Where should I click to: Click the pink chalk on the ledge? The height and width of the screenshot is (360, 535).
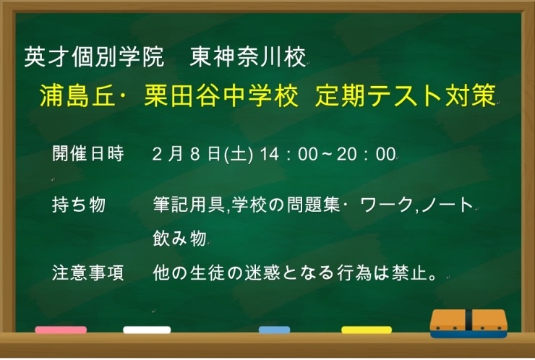point(61,330)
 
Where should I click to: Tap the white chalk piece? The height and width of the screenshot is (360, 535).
point(147,330)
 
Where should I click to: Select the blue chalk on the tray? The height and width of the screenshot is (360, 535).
point(274,330)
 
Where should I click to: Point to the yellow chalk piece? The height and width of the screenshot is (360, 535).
point(366,330)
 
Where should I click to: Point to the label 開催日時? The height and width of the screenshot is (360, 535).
point(88,154)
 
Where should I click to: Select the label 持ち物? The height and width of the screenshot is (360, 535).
point(80,205)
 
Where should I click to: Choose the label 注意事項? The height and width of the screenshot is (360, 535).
point(88,273)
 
